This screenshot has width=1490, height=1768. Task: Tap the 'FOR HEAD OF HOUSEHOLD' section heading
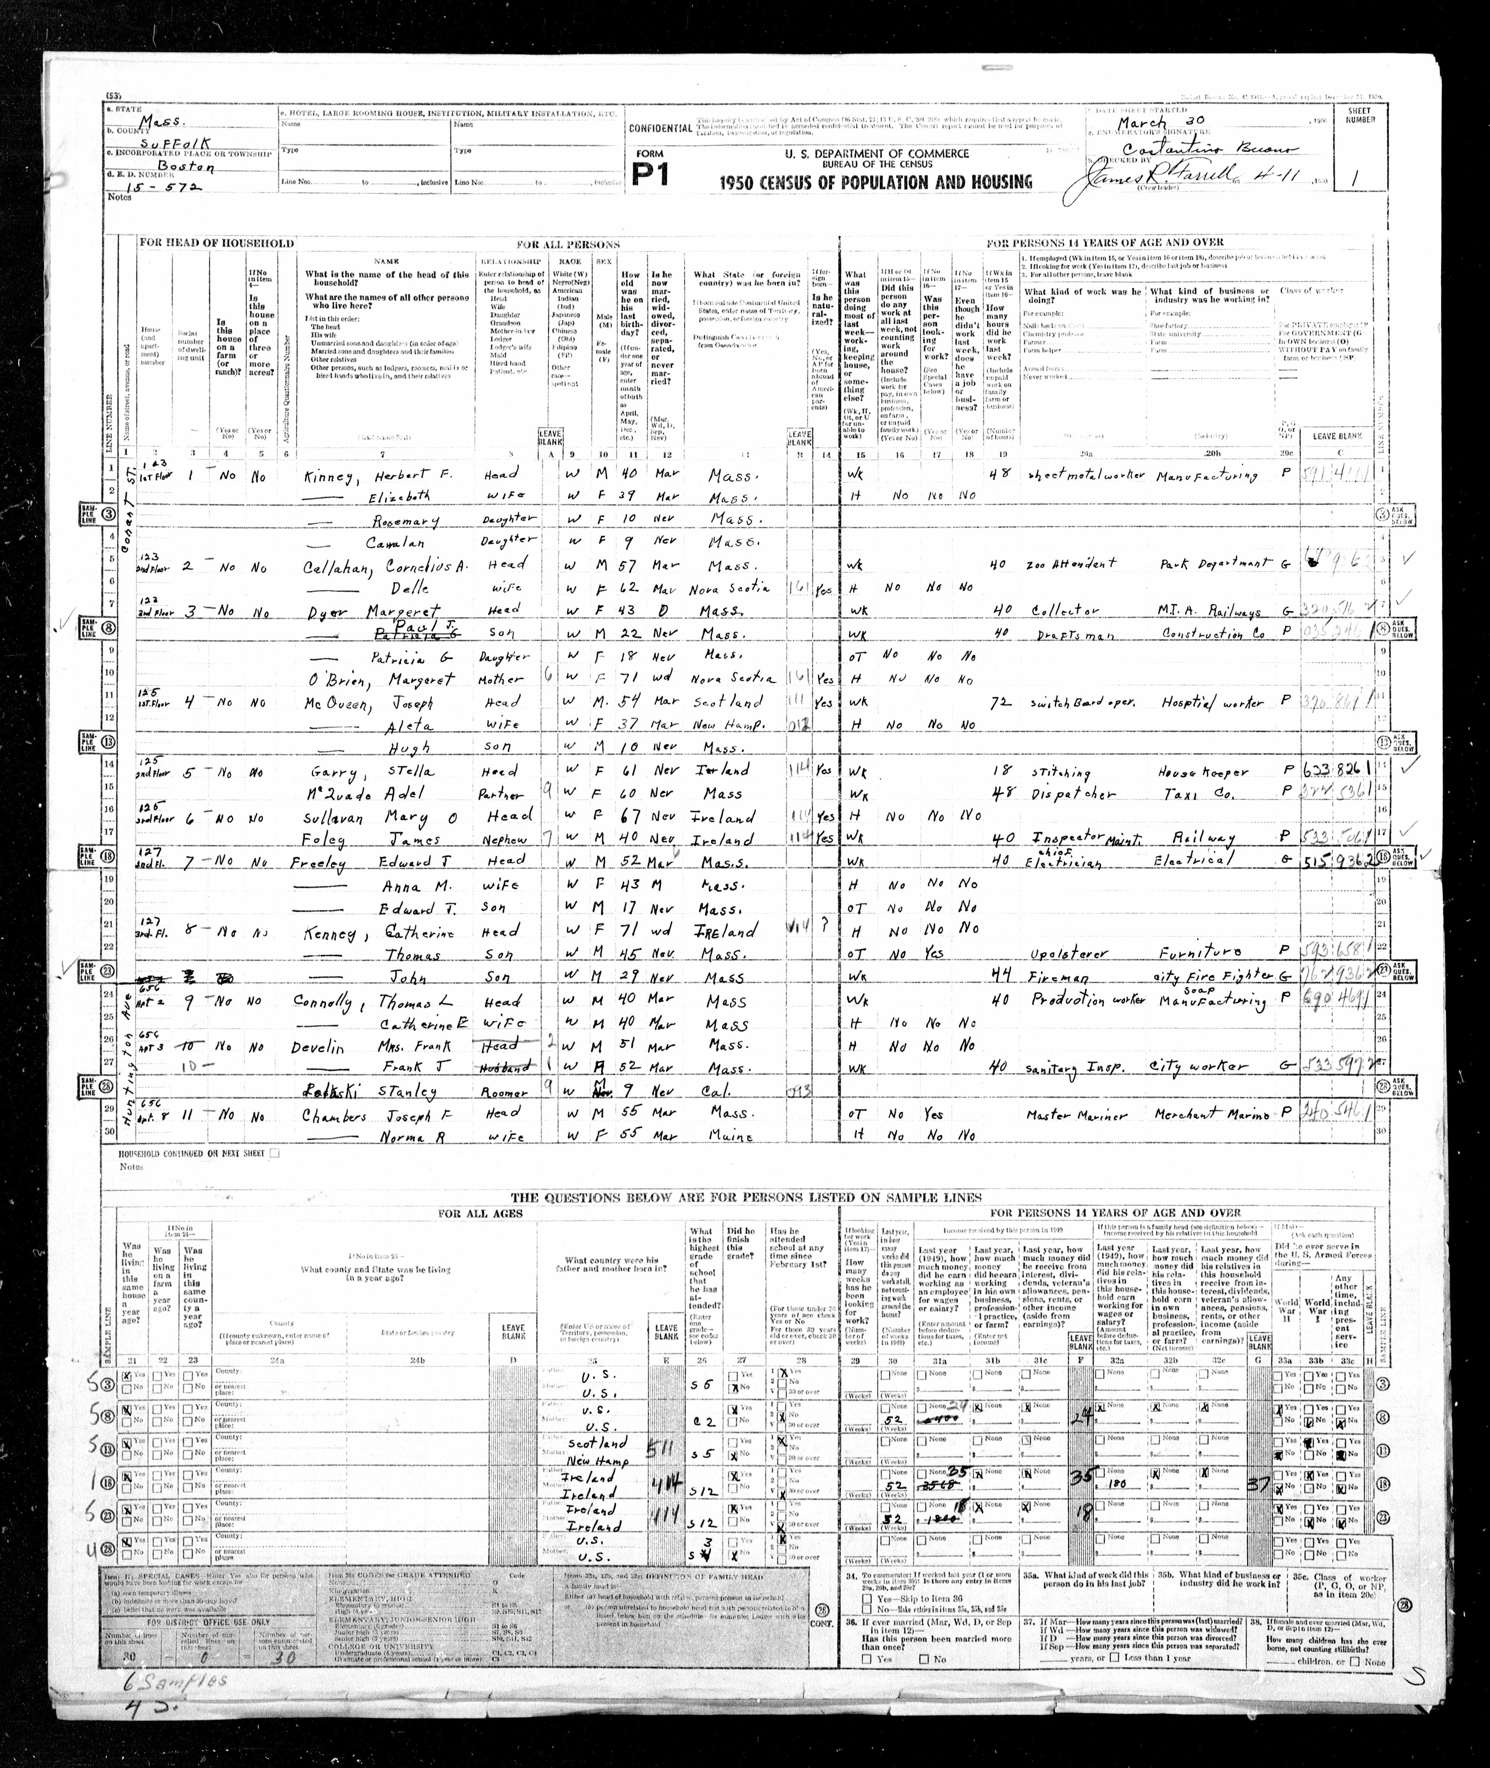pos(217,243)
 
